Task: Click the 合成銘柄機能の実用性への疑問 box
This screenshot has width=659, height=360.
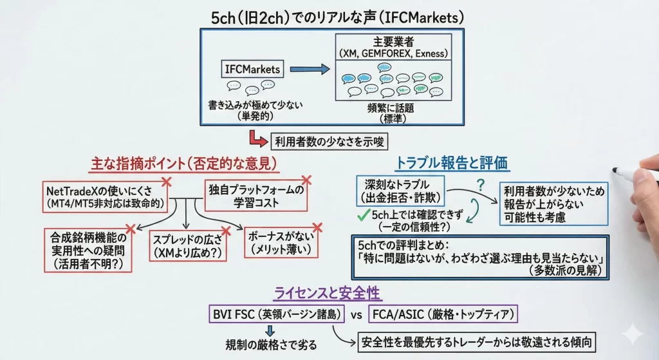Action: [x=86, y=251]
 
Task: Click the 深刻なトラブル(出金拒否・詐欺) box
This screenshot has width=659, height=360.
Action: [x=400, y=191]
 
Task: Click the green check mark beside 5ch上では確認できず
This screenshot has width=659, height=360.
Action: [x=362, y=214]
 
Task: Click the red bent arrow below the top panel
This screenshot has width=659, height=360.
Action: [x=257, y=138]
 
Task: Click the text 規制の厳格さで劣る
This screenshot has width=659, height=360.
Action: [x=271, y=343]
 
